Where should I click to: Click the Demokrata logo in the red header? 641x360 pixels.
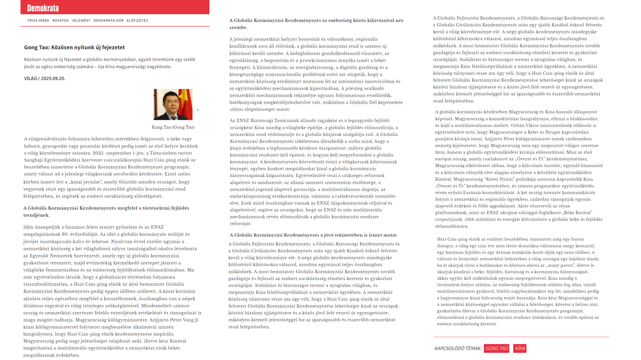point(43,8)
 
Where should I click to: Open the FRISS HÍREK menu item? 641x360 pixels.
point(38,21)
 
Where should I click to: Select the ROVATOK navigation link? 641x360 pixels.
point(60,21)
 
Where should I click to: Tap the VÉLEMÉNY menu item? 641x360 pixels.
point(81,21)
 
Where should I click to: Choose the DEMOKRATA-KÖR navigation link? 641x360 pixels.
point(108,21)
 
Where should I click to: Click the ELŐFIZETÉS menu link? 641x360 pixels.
point(137,21)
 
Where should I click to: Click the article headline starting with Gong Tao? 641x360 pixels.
point(74,47)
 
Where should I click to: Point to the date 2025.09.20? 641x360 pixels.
point(53,79)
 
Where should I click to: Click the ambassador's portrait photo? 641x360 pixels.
point(173,104)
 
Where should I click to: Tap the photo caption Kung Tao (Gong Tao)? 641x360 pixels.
point(173,127)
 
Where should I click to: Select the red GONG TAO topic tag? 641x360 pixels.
point(497,348)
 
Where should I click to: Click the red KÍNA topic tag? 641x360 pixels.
point(520,348)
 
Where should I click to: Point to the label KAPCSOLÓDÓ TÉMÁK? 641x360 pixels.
point(457,348)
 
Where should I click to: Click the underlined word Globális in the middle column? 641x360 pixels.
point(359,103)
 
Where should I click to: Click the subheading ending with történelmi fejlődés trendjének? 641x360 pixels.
point(106,211)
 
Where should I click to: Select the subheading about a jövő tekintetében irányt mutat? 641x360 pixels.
point(313,235)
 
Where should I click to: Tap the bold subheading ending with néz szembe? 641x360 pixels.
point(316,24)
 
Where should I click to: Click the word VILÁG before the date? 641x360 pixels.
point(31,79)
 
